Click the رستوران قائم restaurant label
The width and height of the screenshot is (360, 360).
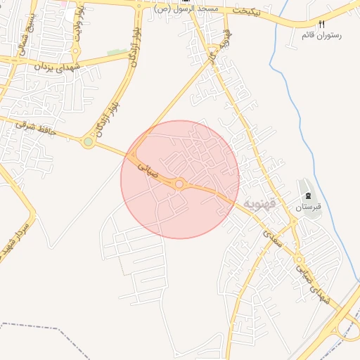click(317, 34)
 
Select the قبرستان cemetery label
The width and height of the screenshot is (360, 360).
click(308, 207)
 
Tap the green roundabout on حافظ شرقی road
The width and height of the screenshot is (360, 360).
click(88, 142)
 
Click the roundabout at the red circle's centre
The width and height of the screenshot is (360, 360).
click(180, 184)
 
